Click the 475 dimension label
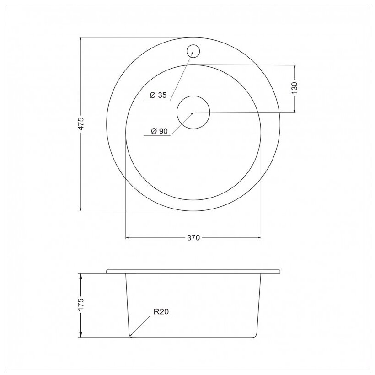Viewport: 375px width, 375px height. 81,124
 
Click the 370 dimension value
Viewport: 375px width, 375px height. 193,238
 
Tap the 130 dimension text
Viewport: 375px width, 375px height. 295,88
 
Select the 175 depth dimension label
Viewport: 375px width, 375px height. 81,304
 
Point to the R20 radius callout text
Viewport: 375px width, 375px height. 161,311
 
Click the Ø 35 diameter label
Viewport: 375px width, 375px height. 158,95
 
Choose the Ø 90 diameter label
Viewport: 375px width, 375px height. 159,131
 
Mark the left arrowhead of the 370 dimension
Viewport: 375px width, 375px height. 128,238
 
